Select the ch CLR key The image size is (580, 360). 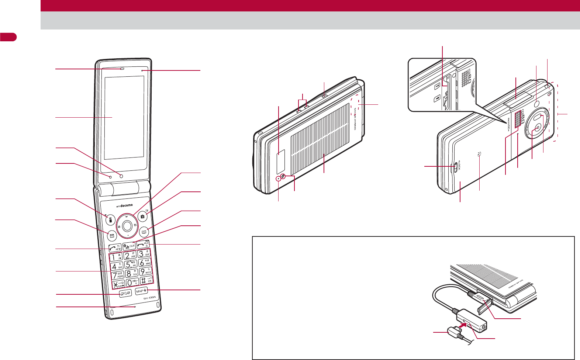(129, 246)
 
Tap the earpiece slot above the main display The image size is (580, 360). (121, 69)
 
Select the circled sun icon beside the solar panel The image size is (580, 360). (283, 176)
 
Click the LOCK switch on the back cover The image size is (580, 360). (456, 167)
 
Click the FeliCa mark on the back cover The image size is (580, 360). (479, 155)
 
